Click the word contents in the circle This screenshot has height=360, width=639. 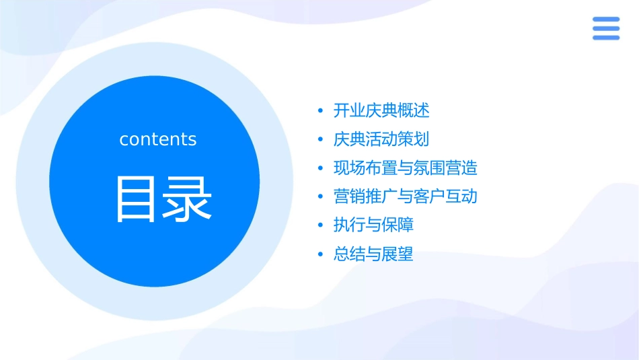pyautogui.click(x=158, y=139)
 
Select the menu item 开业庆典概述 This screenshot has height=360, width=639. pyautogui.click(x=381, y=110)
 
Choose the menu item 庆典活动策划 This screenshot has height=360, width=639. pyautogui.click(x=381, y=139)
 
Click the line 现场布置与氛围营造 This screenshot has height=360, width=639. pyautogui.click(x=405, y=168)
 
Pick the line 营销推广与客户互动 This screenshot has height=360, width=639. pyautogui.click(x=405, y=196)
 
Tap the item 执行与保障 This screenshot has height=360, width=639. pyautogui.click(x=373, y=225)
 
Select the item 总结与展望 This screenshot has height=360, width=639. pyautogui.click(x=373, y=254)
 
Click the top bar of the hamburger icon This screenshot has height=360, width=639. pyautogui.click(x=605, y=20)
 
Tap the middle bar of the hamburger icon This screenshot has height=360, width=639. pyautogui.click(x=605, y=28)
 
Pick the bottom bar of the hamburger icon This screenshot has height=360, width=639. pyautogui.click(x=605, y=38)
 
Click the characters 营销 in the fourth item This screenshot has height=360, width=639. pyautogui.click(x=349, y=196)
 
